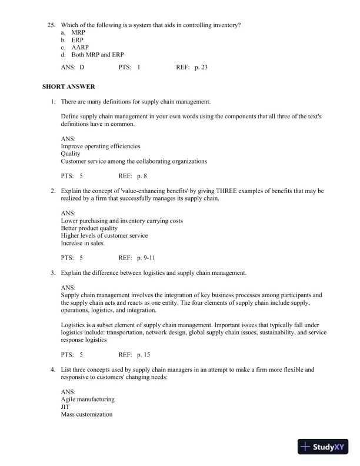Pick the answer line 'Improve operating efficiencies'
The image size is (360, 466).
[x=101, y=146]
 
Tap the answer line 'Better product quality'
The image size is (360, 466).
[x=89, y=228]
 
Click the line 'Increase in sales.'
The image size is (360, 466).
[x=83, y=243]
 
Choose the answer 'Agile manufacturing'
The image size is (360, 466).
[x=88, y=400]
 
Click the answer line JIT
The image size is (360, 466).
[x=65, y=407]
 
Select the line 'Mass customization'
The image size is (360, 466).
[x=86, y=414]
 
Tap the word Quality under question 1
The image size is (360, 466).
[x=71, y=154]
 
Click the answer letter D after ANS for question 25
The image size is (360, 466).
[x=82, y=68]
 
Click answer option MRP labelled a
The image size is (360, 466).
[x=79, y=32]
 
